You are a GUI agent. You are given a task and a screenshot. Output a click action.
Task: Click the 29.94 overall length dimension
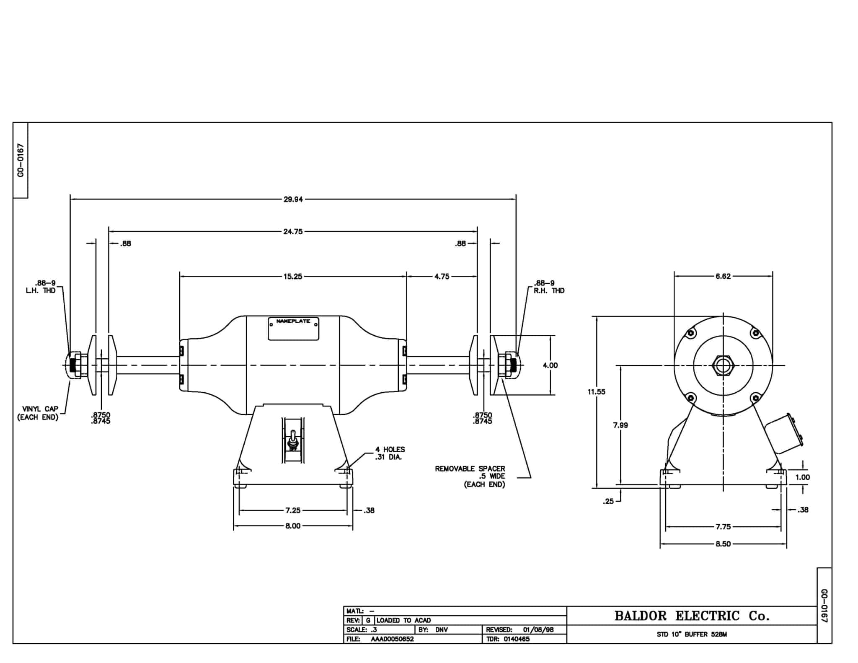point(293,199)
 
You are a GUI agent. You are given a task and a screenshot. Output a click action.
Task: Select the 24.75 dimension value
point(293,231)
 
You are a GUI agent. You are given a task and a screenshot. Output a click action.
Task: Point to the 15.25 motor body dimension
point(292,277)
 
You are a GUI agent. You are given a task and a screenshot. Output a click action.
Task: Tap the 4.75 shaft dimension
point(442,277)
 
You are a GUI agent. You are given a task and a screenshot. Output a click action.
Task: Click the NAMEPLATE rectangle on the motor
point(293,329)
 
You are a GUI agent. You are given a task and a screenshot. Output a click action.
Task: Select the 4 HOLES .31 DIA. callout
point(390,453)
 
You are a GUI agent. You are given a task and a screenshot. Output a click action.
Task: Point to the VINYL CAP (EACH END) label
point(38,413)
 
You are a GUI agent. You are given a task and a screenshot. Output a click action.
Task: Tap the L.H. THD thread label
point(41,290)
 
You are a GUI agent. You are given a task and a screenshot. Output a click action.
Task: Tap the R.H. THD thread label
point(549,290)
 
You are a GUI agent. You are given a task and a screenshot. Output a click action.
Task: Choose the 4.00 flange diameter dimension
point(550,365)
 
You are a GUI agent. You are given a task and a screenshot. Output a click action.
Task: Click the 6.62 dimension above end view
point(723,277)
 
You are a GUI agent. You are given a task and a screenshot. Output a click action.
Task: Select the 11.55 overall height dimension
point(596,392)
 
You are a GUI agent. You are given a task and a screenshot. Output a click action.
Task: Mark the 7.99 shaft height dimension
point(620,425)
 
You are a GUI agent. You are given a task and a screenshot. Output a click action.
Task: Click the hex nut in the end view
point(723,365)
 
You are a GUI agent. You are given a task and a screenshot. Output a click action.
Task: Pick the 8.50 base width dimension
point(723,544)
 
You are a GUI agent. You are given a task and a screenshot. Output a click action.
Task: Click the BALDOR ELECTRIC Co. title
point(692,616)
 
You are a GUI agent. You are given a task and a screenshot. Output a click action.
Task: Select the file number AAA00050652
point(392,639)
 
